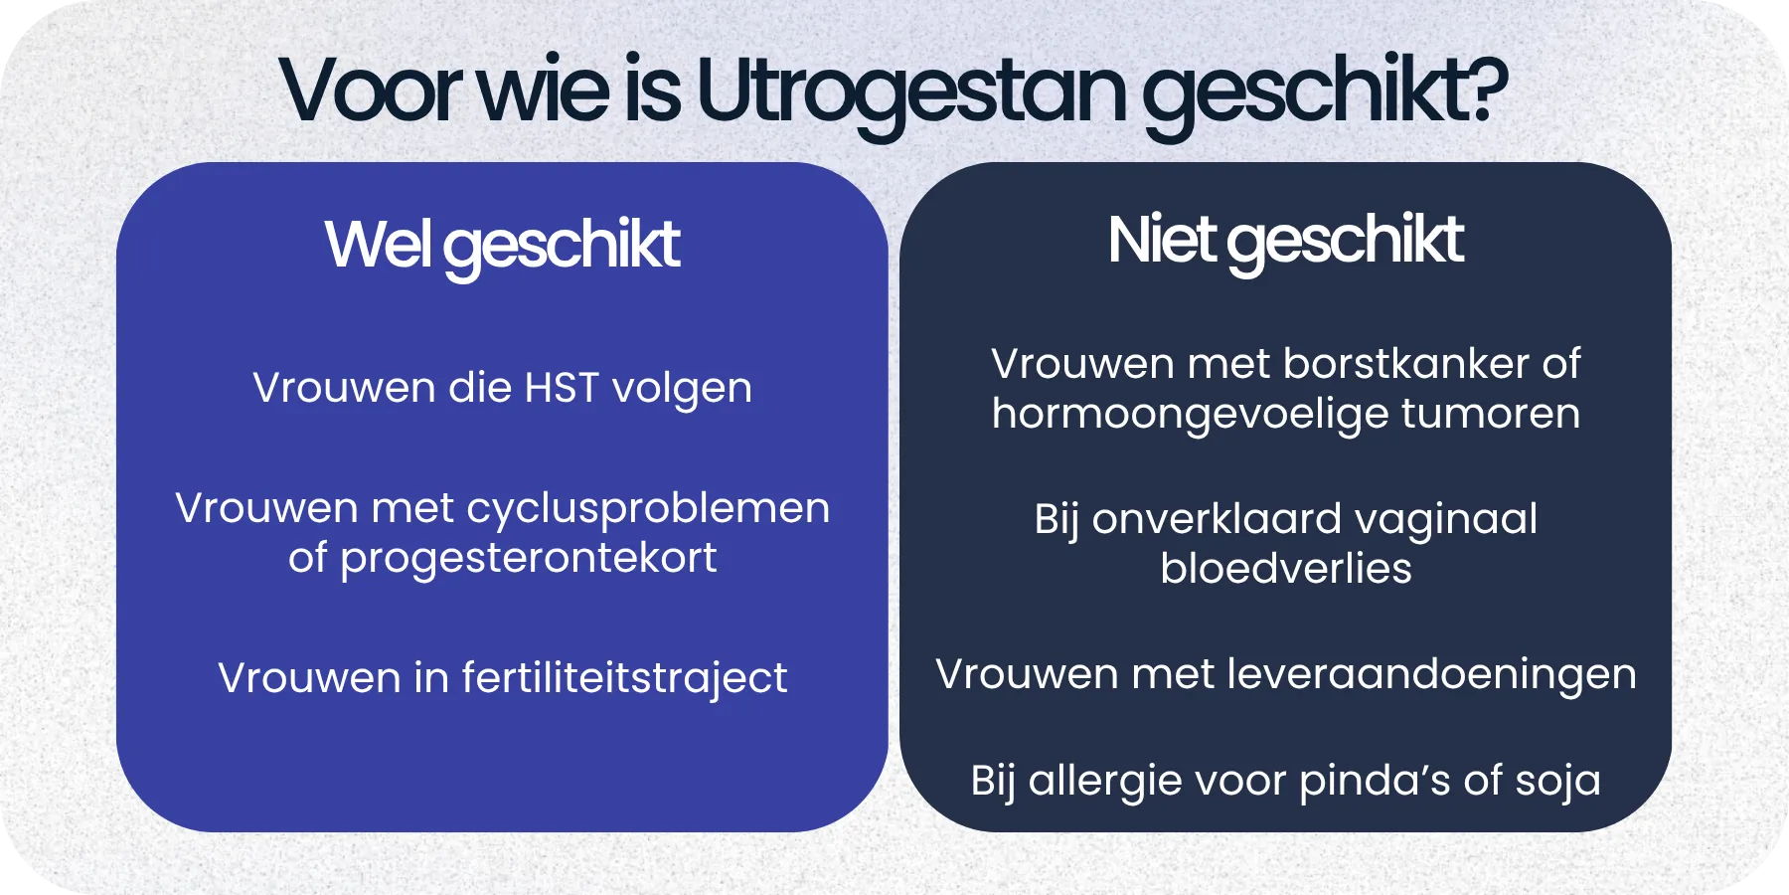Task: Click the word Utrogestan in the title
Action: pos(911,92)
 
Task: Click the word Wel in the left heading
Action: pos(377,244)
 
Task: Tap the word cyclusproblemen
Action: pos(648,509)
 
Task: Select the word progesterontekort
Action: pos(528,559)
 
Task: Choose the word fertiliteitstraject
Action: pos(624,679)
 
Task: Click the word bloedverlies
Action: pos(1285,569)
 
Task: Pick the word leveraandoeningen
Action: pos(1431,675)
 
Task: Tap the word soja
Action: pos(1557,782)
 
